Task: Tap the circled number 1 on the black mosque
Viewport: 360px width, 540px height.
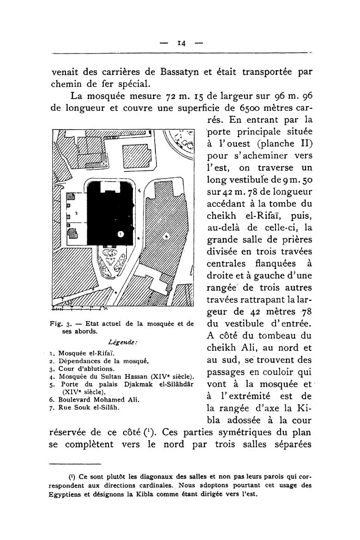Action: click(x=120, y=234)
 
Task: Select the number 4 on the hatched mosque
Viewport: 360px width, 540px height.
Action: click(x=167, y=236)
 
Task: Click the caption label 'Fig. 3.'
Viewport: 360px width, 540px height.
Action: click(x=59, y=324)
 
